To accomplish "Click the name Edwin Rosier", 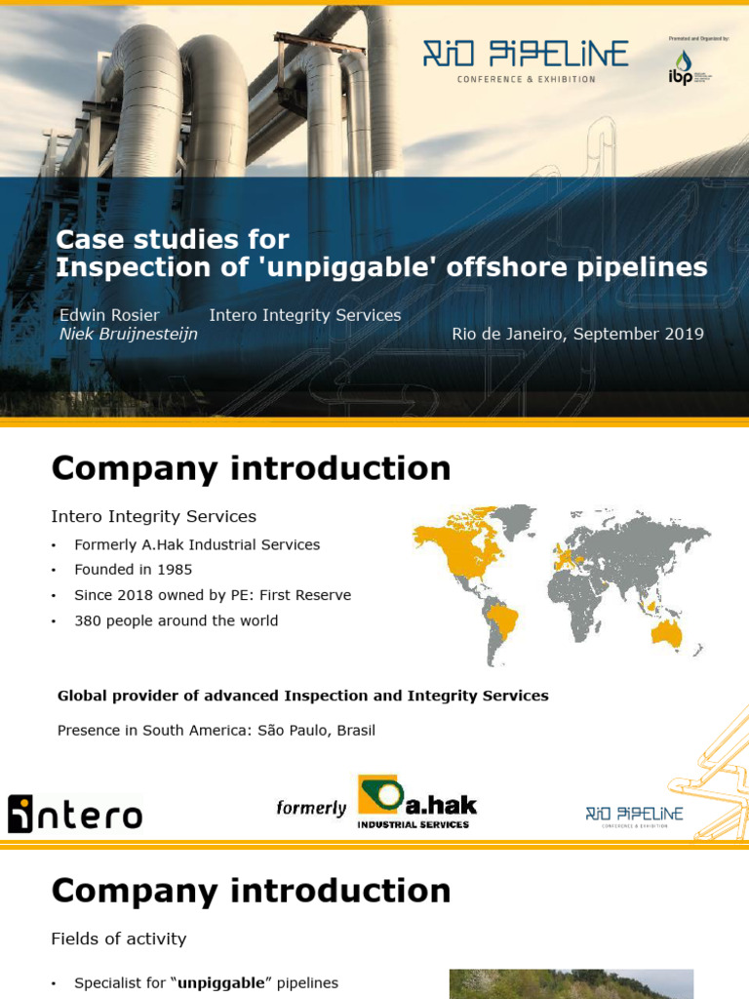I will coord(109,315).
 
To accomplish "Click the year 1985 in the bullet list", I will coord(174,570).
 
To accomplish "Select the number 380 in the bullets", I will coord(88,620).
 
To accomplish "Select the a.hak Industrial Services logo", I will coord(416,801).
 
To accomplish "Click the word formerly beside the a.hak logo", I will coord(311,808).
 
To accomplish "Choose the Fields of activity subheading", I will coord(118,939).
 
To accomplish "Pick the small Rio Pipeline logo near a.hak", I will coord(634,816).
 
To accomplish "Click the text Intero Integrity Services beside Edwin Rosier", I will coord(305,315).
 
